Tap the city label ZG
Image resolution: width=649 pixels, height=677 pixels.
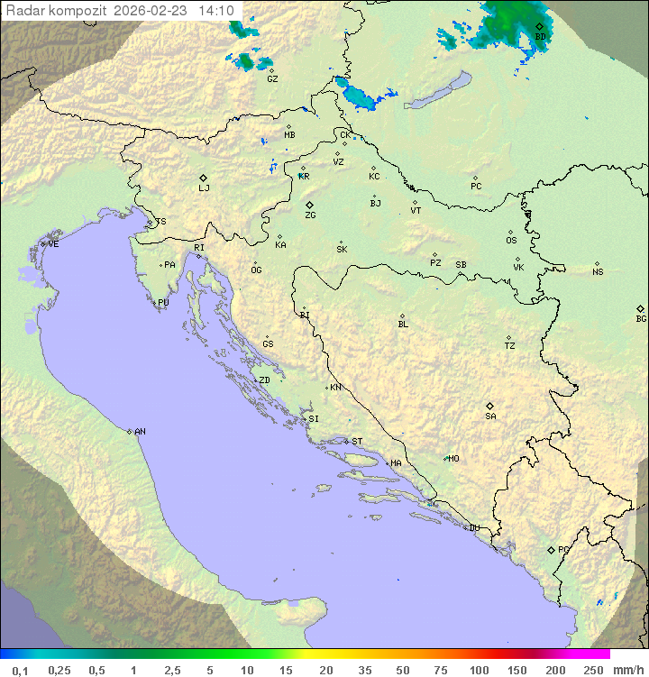click(x=310, y=215)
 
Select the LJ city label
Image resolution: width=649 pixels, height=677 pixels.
click(x=204, y=188)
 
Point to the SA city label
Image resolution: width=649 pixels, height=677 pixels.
click(x=490, y=416)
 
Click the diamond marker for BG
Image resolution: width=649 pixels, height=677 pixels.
click(x=640, y=308)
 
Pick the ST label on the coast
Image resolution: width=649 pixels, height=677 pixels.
click(x=357, y=442)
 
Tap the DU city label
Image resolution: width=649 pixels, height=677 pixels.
click(x=473, y=528)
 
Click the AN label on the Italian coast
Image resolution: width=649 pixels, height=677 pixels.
click(x=140, y=432)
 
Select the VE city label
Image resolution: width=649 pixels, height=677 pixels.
click(x=53, y=244)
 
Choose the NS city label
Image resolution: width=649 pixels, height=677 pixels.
click(x=598, y=272)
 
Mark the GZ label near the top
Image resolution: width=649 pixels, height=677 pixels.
click(x=272, y=79)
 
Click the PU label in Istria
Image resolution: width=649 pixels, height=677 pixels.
click(x=163, y=303)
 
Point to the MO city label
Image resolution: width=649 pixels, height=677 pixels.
click(x=453, y=459)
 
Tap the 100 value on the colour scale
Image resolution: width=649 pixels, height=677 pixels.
click(x=479, y=670)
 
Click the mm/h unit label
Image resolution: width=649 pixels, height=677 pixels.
click(x=627, y=670)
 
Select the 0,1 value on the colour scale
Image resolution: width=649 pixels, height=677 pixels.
click(x=20, y=670)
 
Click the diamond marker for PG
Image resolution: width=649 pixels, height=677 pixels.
click(x=551, y=549)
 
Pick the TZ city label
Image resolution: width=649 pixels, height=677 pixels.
click(x=510, y=345)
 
